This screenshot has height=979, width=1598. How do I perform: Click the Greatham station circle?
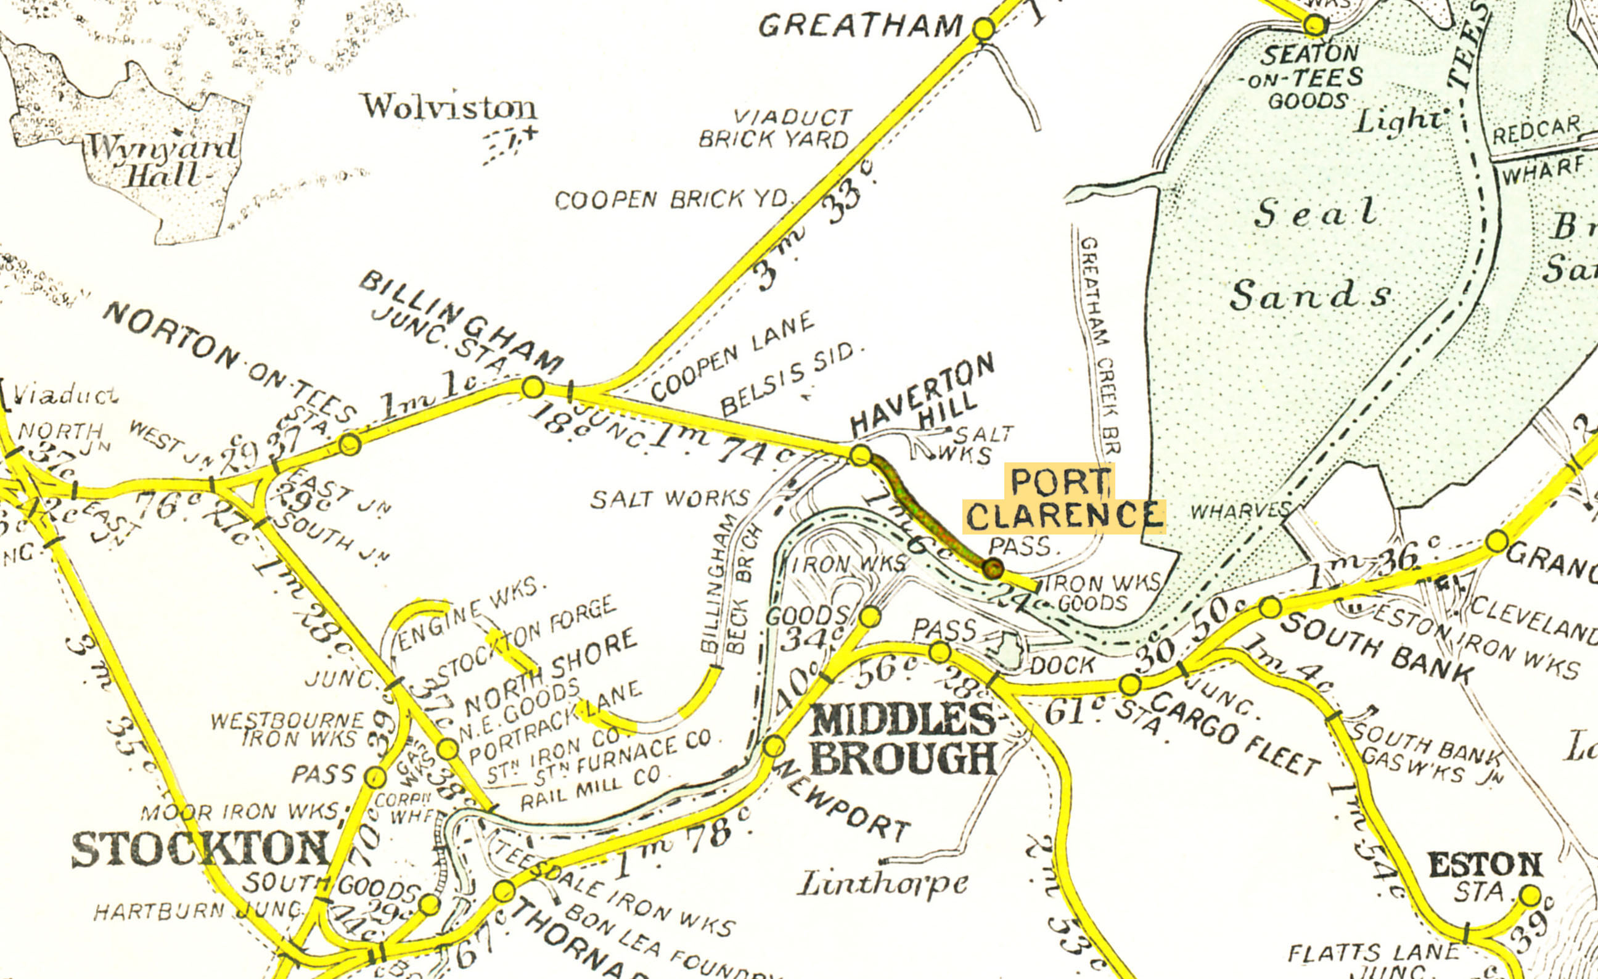point(984,29)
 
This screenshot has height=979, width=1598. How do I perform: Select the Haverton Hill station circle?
point(860,455)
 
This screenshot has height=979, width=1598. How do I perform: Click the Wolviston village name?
point(449,108)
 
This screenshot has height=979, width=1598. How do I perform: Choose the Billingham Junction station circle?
point(533,387)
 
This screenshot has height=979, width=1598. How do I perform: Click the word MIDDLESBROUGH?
point(903,739)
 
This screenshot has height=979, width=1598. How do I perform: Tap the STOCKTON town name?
point(200,850)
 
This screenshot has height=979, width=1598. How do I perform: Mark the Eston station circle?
point(1530,895)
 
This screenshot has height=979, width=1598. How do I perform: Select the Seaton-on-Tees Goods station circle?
point(1314,25)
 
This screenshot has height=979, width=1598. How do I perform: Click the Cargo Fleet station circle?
point(1129,684)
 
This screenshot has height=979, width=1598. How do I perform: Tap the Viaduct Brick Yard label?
point(774,128)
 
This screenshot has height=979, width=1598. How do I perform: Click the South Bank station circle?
point(1271,607)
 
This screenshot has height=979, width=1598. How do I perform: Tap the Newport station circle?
point(773,745)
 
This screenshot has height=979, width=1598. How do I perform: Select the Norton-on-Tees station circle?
point(350,444)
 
